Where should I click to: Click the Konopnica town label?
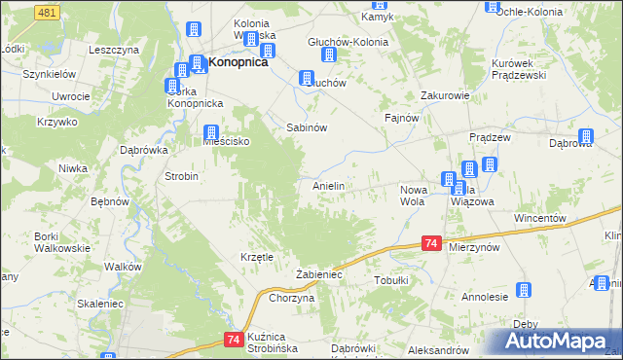238,62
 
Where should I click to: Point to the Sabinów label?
306,127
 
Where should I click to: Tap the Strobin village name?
182,176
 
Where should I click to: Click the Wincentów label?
540,219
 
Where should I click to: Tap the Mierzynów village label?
475,248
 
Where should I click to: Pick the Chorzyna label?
291,298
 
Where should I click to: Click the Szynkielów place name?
51,74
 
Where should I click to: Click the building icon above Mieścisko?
210,131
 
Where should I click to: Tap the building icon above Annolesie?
523,289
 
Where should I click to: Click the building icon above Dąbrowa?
585,137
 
